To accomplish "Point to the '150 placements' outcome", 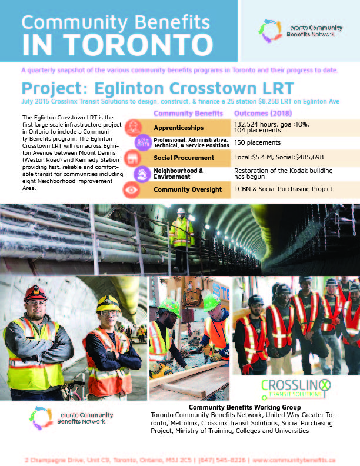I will (x=258, y=142).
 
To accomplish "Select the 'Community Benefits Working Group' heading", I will (x=244, y=407).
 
